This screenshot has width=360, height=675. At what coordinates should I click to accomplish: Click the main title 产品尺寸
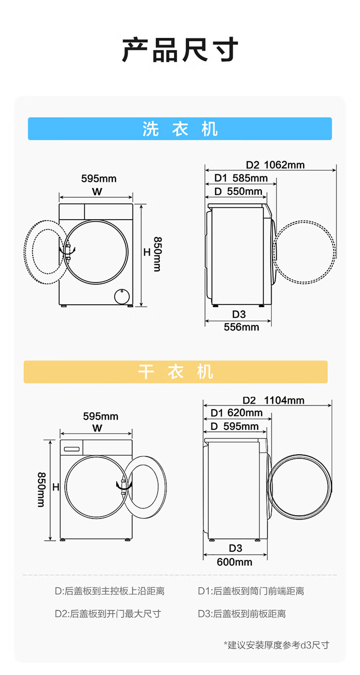(180, 50)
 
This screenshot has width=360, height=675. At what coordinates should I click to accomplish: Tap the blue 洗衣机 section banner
(180, 129)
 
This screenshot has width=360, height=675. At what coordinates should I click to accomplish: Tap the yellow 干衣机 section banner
(176, 371)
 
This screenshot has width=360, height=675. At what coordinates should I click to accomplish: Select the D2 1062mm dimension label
(275, 165)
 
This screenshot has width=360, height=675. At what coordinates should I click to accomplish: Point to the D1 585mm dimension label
(241, 178)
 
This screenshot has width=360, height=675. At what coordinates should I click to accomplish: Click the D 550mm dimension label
(238, 191)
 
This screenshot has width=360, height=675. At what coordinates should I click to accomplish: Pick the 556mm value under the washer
(241, 327)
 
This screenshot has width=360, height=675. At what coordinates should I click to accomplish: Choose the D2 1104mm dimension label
(274, 400)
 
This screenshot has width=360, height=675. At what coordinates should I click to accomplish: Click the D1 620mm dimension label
(236, 413)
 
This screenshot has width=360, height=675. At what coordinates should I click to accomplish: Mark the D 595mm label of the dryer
(235, 426)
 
